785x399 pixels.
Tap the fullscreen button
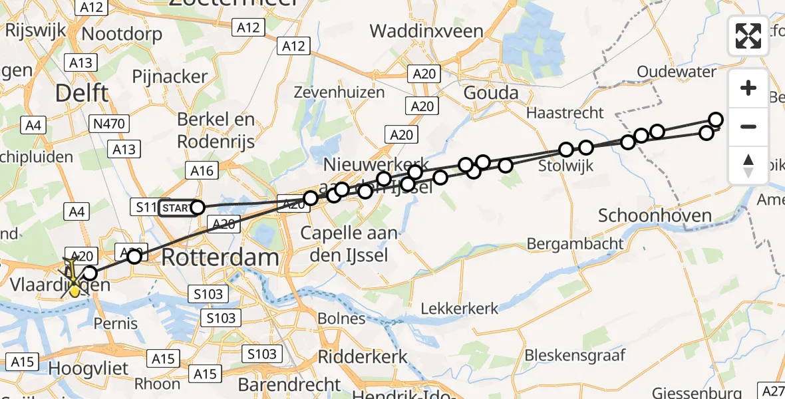tap(748, 36)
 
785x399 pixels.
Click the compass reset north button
tap(748, 166)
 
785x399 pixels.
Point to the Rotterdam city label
tap(220, 257)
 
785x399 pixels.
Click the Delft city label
tap(82, 93)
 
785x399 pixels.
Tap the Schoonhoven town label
tap(655, 215)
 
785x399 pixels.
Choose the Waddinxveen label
tap(422, 31)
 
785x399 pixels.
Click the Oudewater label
tap(676, 72)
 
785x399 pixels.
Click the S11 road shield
tap(146, 208)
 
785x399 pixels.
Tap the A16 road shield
tap(202, 171)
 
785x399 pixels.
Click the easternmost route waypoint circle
tap(716, 120)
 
